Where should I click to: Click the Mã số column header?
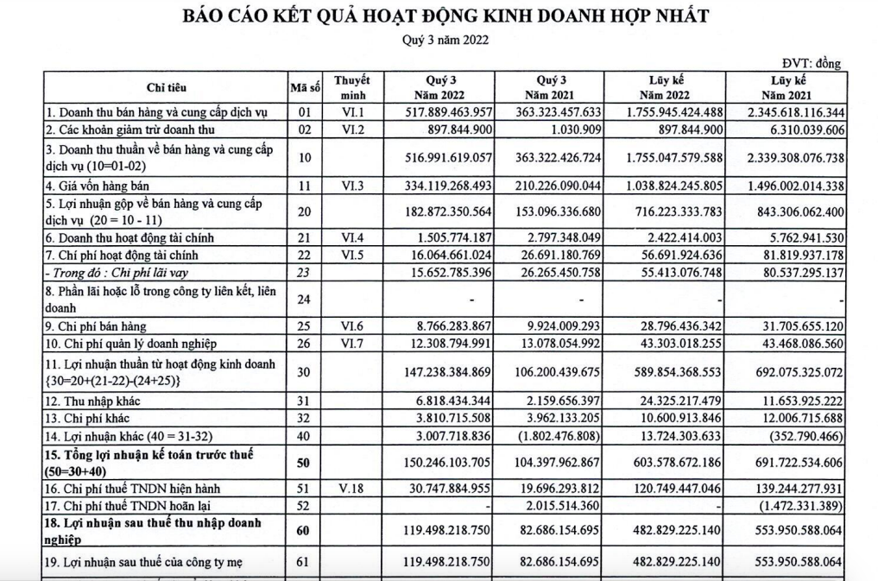point(305,87)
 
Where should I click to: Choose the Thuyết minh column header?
point(353,87)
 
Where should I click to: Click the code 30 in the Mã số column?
point(304,370)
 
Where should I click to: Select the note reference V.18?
point(353,488)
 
